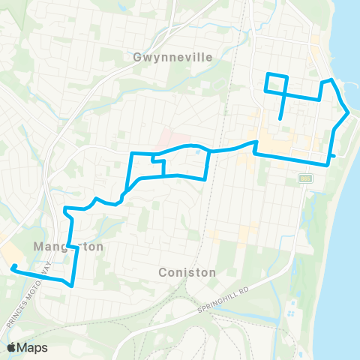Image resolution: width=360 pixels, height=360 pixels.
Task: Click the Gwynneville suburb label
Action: (x=172, y=57)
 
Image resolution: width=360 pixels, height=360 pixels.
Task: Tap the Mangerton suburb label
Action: (x=67, y=246)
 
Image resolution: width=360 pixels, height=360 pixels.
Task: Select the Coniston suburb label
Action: (x=187, y=272)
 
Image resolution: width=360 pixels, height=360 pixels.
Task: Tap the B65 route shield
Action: (x=305, y=178)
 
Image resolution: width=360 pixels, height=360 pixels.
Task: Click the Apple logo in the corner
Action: (x=12, y=347)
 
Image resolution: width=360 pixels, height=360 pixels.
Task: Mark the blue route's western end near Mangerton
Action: (x=13, y=267)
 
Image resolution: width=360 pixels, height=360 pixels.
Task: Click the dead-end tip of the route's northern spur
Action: (x=280, y=118)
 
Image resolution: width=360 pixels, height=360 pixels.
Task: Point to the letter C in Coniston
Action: (x=163, y=272)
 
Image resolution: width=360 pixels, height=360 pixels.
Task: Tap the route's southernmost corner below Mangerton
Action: (x=71, y=285)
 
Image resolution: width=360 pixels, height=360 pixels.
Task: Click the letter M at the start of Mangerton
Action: (x=37, y=246)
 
